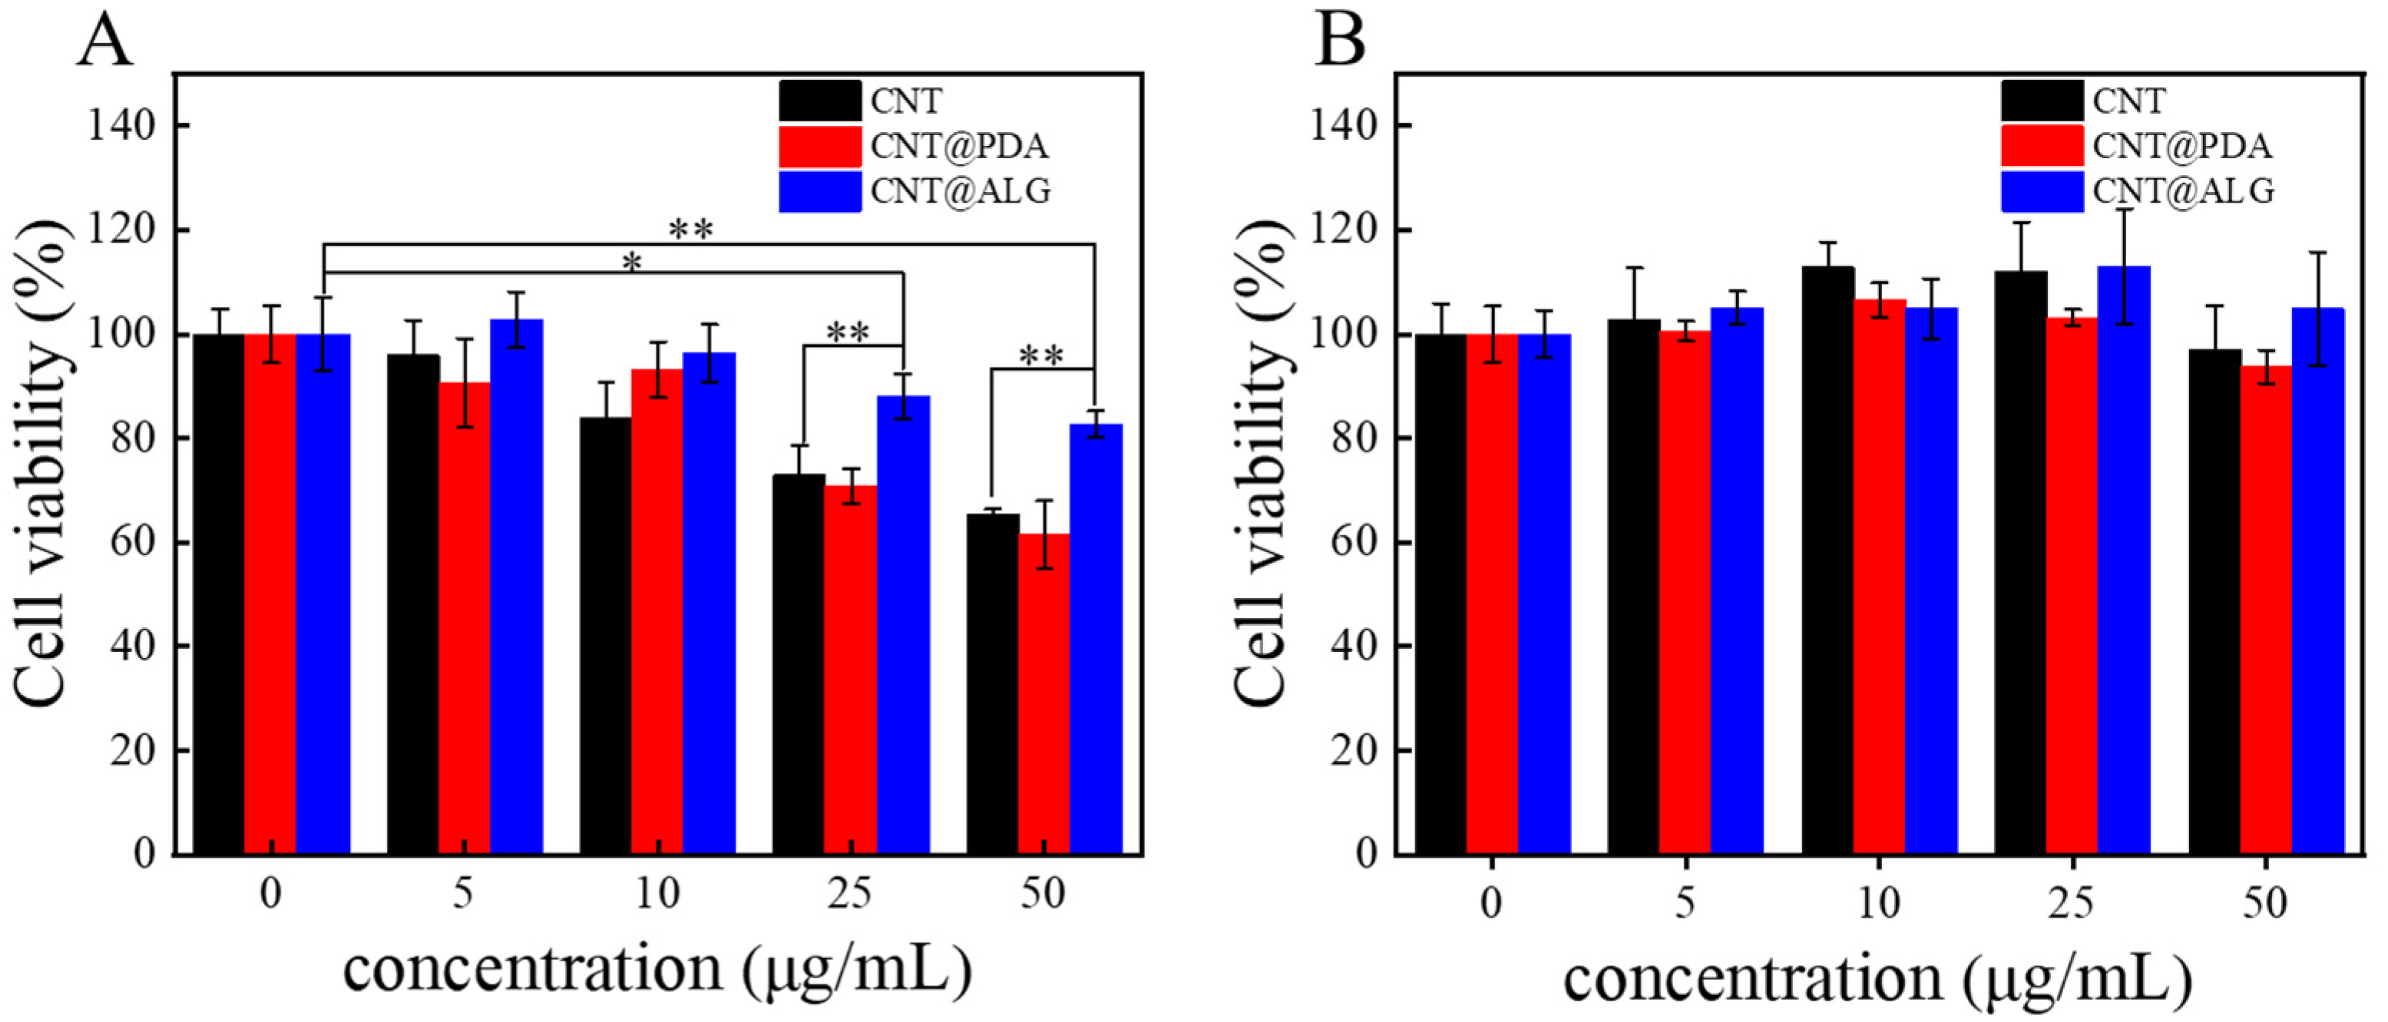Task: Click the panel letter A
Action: coord(104,41)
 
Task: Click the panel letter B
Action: coord(1340,41)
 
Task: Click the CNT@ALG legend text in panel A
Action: coord(961,191)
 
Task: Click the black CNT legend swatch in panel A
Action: coord(819,100)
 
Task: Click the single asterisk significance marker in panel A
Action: coord(631,263)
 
